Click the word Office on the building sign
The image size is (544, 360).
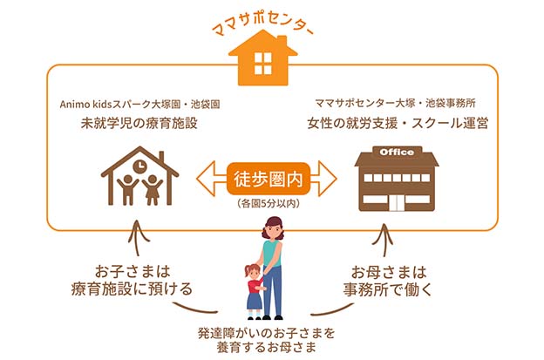[396, 153]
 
